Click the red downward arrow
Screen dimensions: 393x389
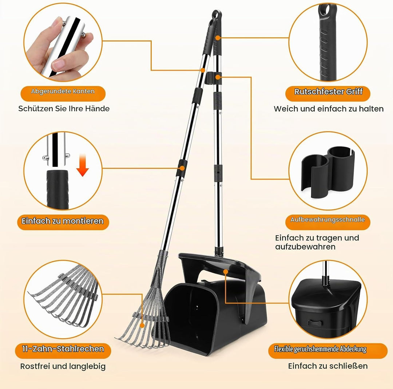83,165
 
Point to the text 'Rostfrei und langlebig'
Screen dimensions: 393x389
63,366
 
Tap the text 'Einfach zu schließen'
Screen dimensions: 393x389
328,366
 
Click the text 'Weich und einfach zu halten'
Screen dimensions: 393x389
329,109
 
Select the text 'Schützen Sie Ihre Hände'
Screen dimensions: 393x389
64,109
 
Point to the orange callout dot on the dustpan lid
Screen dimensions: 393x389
226,272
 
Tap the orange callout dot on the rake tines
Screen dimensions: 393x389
142,325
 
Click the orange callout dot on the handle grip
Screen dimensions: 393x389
218,38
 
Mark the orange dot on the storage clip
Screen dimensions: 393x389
218,77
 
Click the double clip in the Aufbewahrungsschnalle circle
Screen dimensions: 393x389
328,171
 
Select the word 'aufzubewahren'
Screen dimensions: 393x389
305,247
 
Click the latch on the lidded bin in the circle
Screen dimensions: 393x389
314,322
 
